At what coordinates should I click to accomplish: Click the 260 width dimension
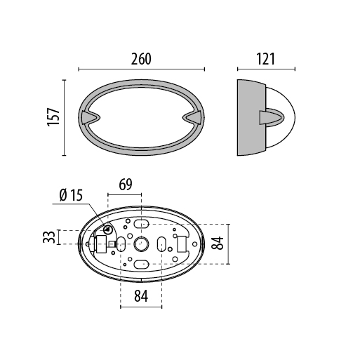pyautogui.click(x=141, y=60)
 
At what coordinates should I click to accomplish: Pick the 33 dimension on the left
pyautogui.click(x=48, y=237)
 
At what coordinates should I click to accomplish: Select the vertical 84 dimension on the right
pyautogui.click(x=218, y=244)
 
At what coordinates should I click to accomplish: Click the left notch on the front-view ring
pyautogui.click(x=88, y=116)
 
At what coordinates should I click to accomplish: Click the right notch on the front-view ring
pyautogui.click(x=193, y=116)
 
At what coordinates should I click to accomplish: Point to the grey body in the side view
pyautogui.click(x=250, y=117)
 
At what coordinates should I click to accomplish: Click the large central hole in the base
pyautogui.click(x=141, y=244)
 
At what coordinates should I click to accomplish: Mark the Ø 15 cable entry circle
pyautogui.click(x=108, y=229)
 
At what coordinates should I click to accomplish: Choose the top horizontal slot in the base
pyautogui.click(x=141, y=224)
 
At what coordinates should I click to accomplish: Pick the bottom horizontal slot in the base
pyautogui.click(x=141, y=265)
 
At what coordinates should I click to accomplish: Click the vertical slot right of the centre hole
pyautogui.click(x=161, y=244)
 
